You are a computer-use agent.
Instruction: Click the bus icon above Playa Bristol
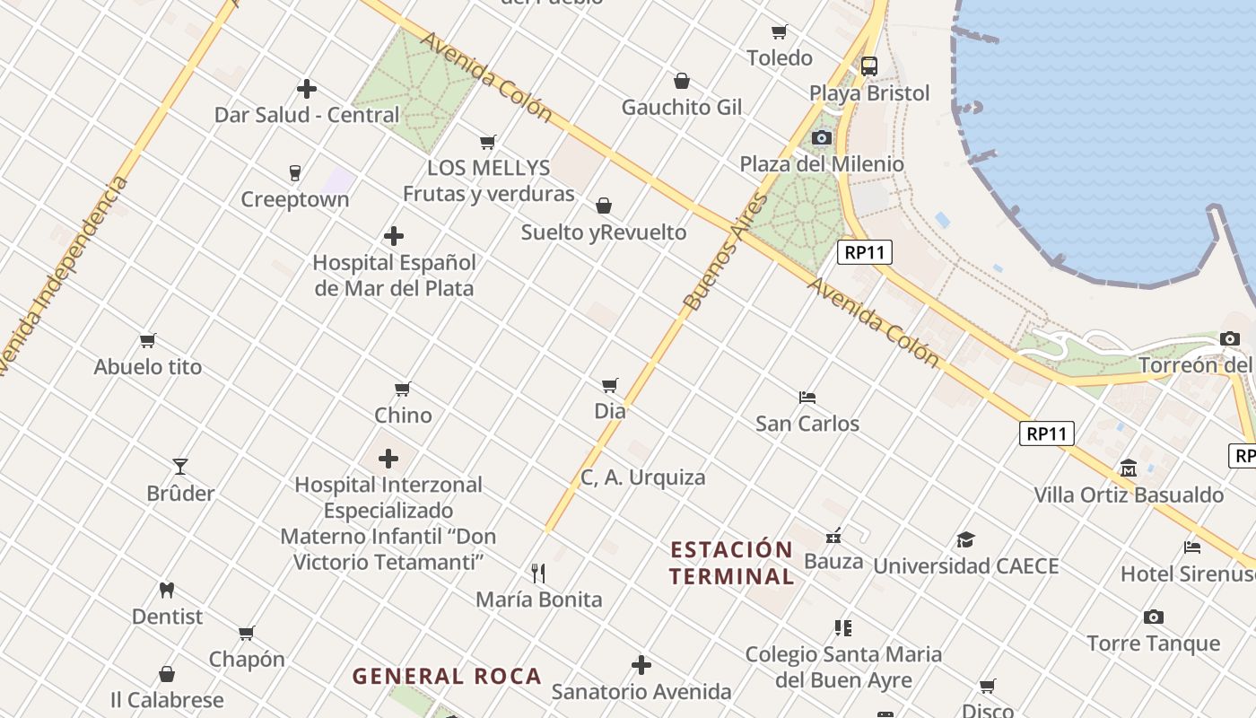868,66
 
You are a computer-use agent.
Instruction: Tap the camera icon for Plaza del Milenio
821,137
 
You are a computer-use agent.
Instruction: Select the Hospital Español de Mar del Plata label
394,276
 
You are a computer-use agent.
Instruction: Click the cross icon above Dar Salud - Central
307,89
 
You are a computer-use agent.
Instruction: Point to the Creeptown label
294,199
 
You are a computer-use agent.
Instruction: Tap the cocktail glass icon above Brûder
180,466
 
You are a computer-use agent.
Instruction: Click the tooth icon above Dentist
166,590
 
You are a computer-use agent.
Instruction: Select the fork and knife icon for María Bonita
538,573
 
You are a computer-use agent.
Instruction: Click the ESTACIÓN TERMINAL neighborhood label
731,563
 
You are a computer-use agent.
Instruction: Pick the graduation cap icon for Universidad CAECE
965,539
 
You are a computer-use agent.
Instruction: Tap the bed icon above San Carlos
807,397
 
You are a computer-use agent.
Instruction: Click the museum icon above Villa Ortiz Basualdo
1128,468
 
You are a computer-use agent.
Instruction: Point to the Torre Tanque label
1153,644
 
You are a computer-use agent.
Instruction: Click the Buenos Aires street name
726,252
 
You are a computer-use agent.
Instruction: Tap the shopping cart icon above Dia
610,385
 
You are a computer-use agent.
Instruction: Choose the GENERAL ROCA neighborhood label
447,676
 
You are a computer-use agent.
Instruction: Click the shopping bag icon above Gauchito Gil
682,81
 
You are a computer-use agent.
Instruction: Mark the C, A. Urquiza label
642,477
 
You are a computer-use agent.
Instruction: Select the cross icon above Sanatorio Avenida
641,665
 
